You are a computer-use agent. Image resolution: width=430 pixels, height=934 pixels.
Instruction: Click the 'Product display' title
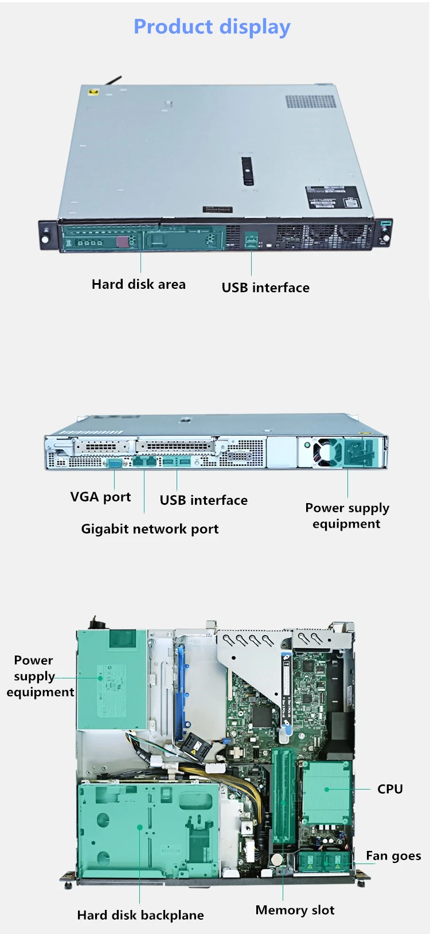212,26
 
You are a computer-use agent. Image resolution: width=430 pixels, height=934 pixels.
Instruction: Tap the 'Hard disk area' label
138,284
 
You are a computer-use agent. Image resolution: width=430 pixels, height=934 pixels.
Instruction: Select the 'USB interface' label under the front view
265,288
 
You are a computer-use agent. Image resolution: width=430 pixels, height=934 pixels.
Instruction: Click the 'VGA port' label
100,497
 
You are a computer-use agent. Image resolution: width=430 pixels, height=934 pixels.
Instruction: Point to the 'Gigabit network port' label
150,529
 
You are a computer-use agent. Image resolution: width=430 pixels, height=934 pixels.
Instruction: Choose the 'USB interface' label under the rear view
204,500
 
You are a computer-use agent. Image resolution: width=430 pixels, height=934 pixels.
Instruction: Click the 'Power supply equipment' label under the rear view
347,516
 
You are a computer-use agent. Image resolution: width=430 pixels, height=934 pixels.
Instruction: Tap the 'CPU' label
390,789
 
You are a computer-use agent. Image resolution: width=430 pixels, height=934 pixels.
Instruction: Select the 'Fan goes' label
393,856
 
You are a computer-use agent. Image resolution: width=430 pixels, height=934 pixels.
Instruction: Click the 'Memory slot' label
295,910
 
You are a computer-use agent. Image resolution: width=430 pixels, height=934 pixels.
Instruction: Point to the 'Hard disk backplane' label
140,915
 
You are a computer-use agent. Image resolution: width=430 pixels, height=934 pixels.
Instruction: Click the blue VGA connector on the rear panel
115,463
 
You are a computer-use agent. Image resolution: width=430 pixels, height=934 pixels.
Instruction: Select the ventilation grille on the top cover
311,101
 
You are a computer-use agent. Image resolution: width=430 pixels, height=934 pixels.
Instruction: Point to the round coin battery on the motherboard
277,859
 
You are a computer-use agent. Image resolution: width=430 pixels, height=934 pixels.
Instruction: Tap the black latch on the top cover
248,171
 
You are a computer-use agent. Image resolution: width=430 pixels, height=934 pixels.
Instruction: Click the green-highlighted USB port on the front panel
251,240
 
